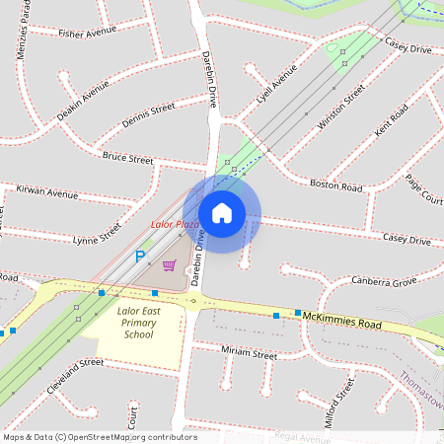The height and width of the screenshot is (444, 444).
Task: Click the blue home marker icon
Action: coord(222,213)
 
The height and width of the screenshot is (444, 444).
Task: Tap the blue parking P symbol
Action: coord(140,257)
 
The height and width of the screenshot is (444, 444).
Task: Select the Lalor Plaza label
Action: coord(176,225)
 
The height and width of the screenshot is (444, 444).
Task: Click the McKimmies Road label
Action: coord(341,322)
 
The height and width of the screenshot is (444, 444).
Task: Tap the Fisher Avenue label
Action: coord(87,33)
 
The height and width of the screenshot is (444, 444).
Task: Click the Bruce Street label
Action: coord(127,158)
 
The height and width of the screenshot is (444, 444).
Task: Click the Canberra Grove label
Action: coord(384,281)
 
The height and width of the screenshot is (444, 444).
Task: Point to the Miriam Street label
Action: coord(249,352)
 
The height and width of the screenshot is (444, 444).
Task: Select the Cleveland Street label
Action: coord(74,376)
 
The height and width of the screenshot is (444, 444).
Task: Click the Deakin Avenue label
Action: coord(83,102)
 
